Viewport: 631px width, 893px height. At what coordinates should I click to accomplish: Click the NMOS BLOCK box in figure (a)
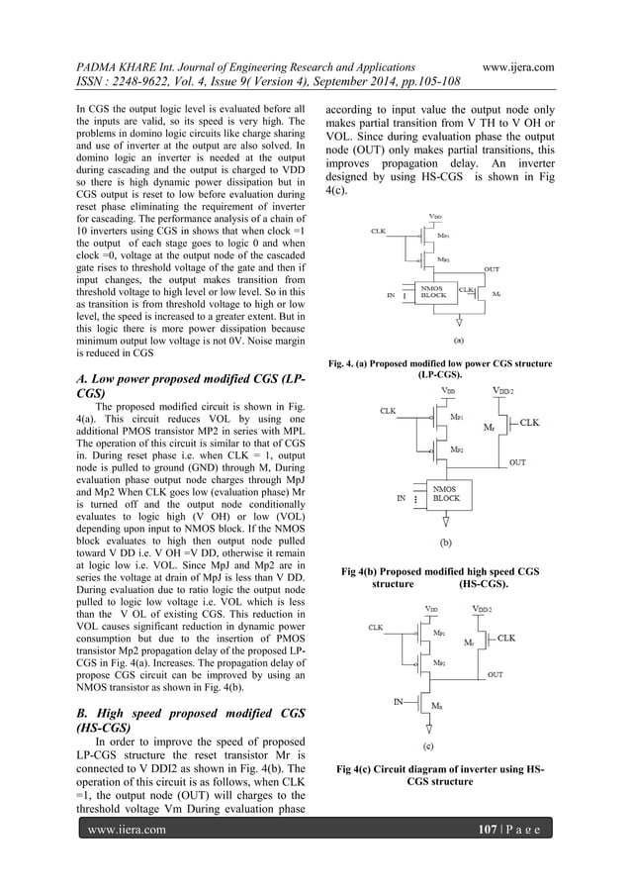coord(432,293)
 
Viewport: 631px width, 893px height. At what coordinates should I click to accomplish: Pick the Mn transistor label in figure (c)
coord(437,706)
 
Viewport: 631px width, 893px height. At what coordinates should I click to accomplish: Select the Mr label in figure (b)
coord(489,428)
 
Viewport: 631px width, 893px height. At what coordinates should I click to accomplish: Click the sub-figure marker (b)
coord(446,543)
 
